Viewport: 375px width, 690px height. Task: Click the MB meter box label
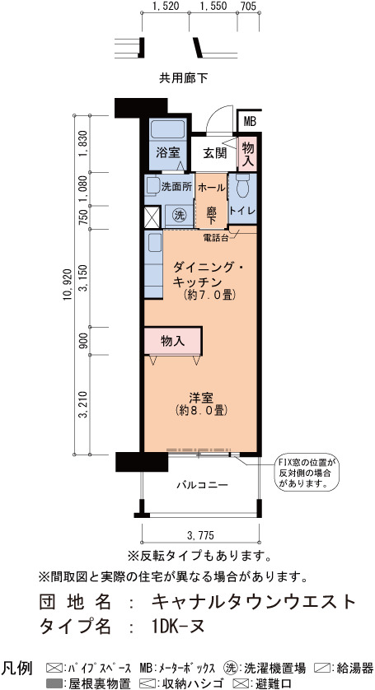250,122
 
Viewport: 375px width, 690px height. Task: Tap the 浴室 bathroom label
167,153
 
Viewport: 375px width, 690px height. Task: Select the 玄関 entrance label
214,153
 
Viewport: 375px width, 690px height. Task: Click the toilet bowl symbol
243,186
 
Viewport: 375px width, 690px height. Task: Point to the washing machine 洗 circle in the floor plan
179,215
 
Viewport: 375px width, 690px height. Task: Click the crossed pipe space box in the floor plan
152,217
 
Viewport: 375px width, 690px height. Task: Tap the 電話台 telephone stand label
215,238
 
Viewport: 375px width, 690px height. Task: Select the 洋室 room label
201,399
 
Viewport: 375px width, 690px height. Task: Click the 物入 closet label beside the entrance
247,154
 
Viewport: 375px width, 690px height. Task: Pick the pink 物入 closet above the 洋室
173,341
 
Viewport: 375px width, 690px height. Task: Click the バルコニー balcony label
202,485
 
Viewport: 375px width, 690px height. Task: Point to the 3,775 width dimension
200,535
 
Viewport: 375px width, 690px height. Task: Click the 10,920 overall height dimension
68,284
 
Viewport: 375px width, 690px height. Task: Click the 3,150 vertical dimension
84,278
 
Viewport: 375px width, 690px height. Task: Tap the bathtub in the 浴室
167,130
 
